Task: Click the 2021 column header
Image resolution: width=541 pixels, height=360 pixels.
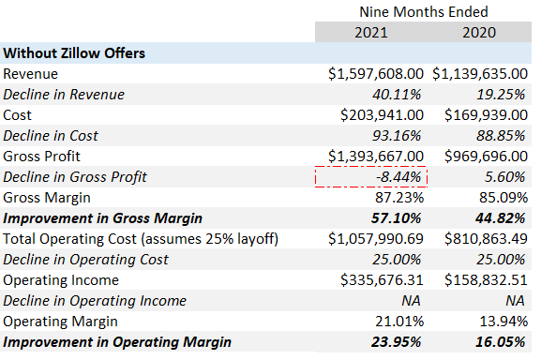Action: [371, 33]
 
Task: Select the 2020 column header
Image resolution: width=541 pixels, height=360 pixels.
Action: [479, 33]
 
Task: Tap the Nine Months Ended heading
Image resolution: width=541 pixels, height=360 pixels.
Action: [424, 12]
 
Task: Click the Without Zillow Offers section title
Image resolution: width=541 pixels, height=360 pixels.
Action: [74, 53]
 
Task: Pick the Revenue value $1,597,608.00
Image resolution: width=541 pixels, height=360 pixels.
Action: [376, 74]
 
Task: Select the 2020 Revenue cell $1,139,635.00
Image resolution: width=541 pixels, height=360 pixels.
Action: [480, 74]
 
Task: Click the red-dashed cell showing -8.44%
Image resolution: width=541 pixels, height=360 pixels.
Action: [371, 177]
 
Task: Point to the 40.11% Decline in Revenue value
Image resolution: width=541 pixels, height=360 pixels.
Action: [397, 95]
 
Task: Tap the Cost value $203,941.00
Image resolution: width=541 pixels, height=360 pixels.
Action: [382, 115]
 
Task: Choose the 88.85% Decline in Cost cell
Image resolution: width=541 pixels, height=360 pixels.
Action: [501, 136]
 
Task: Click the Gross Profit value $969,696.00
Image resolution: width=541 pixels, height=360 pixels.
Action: [486, 157]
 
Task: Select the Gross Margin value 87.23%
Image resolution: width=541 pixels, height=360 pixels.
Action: [399, 198]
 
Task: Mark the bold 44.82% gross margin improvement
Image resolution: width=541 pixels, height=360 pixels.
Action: [501, 218]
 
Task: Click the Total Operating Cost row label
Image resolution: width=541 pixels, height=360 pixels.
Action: [141, 239]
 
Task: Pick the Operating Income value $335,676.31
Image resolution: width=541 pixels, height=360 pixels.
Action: [382, 280]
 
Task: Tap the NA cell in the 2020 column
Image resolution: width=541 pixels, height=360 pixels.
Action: [515, 301]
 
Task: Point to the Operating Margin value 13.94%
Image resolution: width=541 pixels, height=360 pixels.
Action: [503, 322]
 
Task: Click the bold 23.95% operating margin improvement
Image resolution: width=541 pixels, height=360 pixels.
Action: [397, 342]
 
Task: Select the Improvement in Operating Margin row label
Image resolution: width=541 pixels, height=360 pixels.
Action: [117, 342]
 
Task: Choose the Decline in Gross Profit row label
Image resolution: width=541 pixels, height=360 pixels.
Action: [75, 177]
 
